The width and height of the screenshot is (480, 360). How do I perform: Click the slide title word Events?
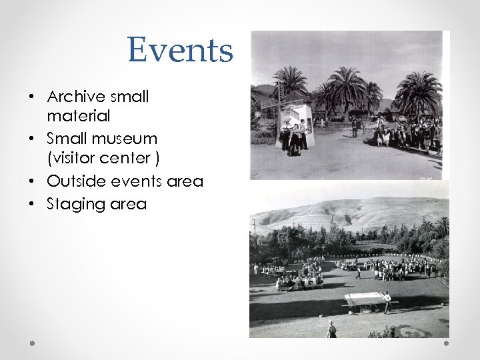click(x=181, y=50)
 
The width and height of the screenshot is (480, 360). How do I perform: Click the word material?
click(x=79, y=116)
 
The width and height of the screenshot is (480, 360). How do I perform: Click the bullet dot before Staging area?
click(x=32, y=204)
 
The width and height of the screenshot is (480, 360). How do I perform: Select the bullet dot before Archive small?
click(x=32, y=97)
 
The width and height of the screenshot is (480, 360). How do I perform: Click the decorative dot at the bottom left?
click(x=32, y=343)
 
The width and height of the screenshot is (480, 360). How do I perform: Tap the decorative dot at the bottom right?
click(x=446, y=343)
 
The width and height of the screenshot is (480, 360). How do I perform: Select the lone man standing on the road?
click(x=355, y=127)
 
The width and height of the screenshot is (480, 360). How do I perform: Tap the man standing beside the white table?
click(x=387, y=301)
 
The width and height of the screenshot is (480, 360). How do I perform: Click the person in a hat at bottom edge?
click(x=331, y=329)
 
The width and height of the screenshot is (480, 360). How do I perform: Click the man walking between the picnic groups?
click(x=358, y=273)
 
